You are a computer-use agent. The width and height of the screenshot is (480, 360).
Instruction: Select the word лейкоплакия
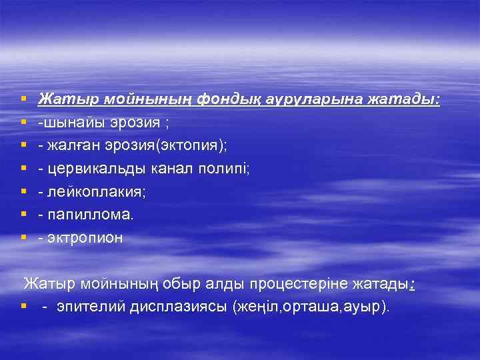pyautogui.click(x=89, y=192)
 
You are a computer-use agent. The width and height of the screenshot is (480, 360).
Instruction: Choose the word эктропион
pyautogui.click(x=85, y=238)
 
